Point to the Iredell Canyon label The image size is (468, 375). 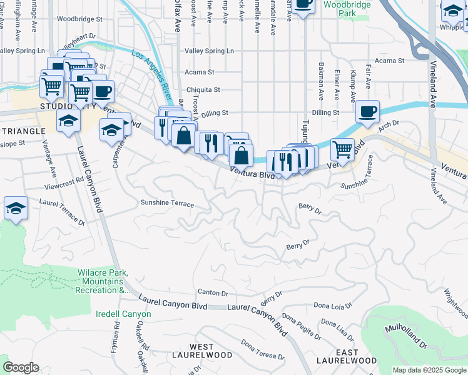point(124,314)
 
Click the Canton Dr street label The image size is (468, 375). point(213,292)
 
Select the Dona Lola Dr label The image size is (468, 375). point(334,306)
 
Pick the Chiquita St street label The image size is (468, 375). point(203,89)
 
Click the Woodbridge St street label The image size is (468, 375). point(79,19)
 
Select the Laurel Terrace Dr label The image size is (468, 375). point(62,211)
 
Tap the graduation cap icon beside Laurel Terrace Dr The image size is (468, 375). point(16,209)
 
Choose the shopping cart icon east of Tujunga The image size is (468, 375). point(342,149)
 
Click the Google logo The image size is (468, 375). point(20,367)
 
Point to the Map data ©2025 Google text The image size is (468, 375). point(429,370)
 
